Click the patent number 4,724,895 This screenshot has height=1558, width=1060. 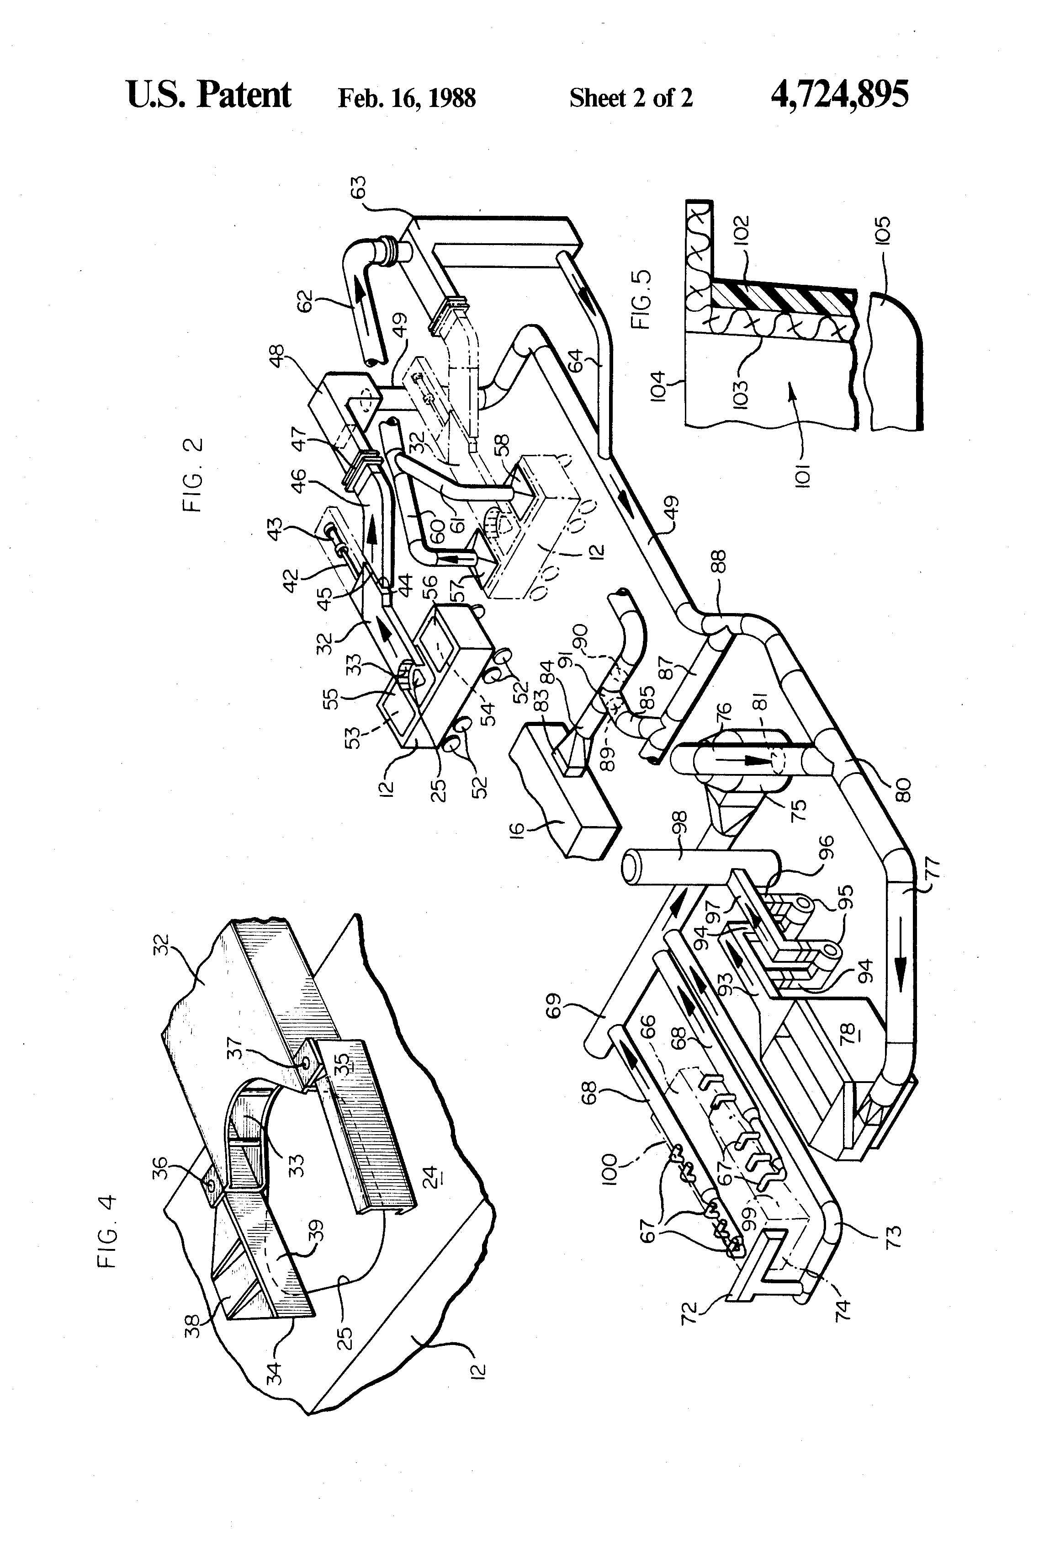(840, 95)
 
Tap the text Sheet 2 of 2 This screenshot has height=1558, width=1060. (631, 98)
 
